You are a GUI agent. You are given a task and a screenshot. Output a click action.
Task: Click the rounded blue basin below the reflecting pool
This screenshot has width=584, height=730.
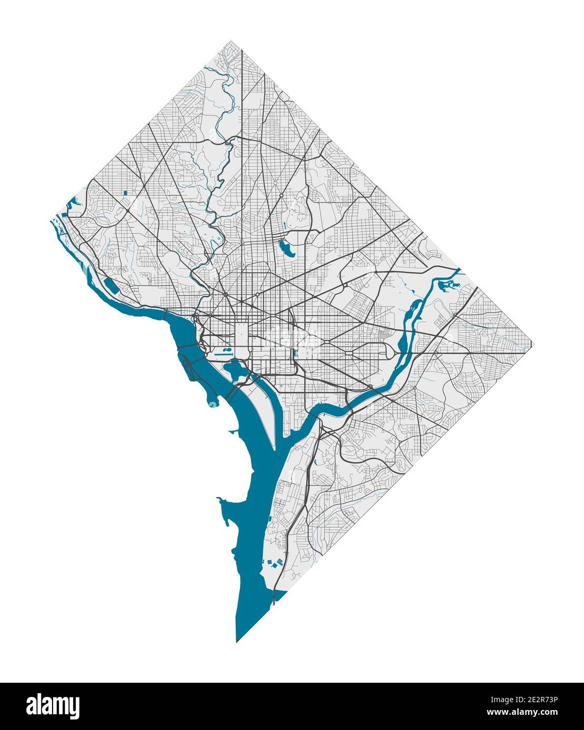[x=237, y=370]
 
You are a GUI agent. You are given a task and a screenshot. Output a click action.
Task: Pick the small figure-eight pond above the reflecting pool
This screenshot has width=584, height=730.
[x=227, y=348]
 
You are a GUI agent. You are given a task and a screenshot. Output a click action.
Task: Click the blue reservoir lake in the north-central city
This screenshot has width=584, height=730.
[x=287, y=247]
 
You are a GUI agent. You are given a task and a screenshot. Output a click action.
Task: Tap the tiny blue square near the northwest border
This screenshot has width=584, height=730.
[x=125, y=193]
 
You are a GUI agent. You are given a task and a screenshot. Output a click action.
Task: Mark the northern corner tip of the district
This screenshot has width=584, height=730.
[x=231, y=41]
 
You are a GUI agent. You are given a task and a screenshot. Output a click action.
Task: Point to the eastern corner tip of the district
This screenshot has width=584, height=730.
[x=534, y=345]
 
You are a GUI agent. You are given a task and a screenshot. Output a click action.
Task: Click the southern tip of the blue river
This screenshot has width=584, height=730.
[x=237, y=641]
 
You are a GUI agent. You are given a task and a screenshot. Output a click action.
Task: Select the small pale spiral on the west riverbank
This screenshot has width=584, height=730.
[x=212, y=403]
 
